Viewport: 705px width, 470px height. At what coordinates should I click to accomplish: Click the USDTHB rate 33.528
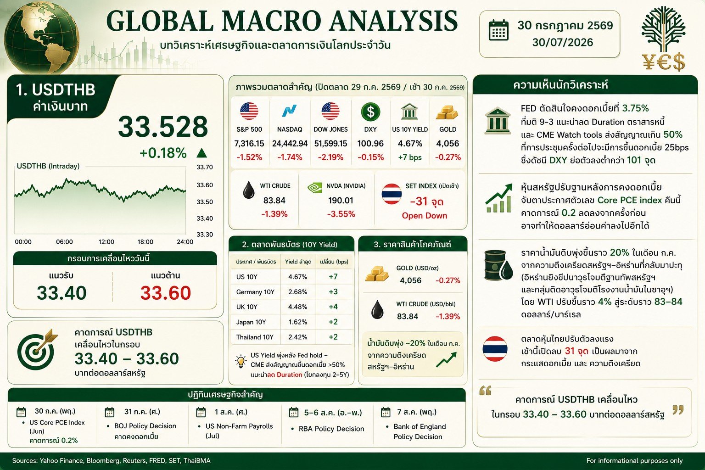(x=163, y=127)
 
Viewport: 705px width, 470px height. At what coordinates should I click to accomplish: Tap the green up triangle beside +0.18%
(x=201, y=153)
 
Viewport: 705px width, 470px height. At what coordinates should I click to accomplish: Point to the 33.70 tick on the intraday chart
(x=205, y=167)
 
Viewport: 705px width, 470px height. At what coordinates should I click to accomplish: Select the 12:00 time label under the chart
(x=106, y=242)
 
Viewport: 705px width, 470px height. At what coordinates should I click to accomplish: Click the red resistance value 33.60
(x=166, y=293)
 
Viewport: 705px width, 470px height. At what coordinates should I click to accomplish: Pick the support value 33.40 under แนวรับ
(x=62, y=293)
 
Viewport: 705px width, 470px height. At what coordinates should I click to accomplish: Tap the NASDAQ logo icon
(x=289, y=111)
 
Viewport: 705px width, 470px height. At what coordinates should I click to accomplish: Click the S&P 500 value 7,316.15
(x=249, y=144)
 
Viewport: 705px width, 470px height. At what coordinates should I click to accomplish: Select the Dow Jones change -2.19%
(x=330, y=157)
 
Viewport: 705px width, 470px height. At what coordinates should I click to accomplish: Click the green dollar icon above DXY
(x=370, y=112)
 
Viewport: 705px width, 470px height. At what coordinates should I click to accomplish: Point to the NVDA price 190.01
(x=341, y=201)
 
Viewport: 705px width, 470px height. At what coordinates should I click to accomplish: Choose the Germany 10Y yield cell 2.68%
(x=298, y=292)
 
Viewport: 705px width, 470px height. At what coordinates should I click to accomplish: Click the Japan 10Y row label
(x=251, y=322)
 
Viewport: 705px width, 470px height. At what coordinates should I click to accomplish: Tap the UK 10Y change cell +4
(x=333, y=307)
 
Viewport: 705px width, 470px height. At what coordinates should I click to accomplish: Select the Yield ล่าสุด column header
(x=298, y=262)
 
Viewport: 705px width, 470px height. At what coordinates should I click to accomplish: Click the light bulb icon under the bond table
(x=241, y=361)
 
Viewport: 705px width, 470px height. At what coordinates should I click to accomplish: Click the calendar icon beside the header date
(x=498, y=30)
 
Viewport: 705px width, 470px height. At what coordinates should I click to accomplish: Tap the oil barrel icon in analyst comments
(x=498, y=265)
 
